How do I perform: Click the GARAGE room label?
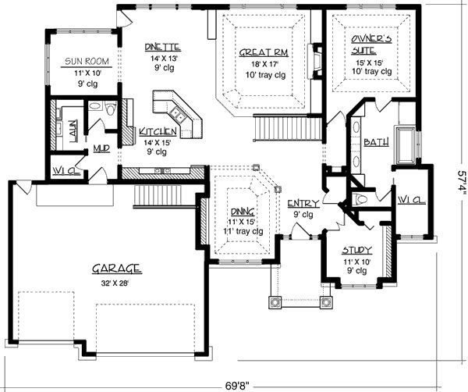(x=117, y=269)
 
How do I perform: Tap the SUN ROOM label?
(x=87, y=62)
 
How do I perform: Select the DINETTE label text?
(x=163, y=47)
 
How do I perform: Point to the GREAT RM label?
(x=264, y=52)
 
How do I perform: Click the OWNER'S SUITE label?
(x=370, y=45)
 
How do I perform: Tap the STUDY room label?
(x=357, y=250)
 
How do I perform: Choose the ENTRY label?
(x=303, y=204)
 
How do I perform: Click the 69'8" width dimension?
(x=237, y=386)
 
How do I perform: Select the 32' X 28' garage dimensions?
(x=115, y=283)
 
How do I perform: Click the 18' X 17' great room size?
(x=264, y=64)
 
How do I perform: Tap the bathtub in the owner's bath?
(x=406, y=144)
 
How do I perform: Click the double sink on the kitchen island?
(x=177, y=115)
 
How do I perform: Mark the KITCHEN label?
(x=158, y=131)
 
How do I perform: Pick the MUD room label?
(x=101, y=148)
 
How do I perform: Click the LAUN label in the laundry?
(x=73, y=131)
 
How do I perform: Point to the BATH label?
(x=376, y=142)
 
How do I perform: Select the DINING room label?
(x=243, y=212)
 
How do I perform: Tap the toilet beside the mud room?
(x=111, y=109)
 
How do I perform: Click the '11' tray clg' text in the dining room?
(x=243, y=231)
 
